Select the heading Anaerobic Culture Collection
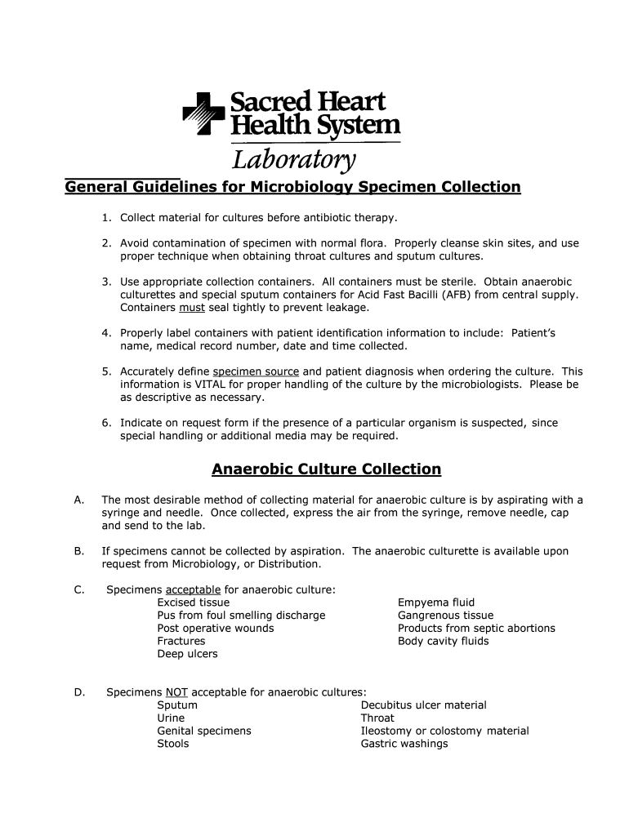[x=326, y=469]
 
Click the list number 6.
[x=106, y=423]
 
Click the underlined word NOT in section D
[x=176, y=692]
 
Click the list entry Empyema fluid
[x=436, y=603]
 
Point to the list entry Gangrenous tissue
[x=445, y=616]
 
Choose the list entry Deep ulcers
[x=187, y=654]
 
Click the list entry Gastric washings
[x=404, y=744]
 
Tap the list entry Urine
[x=171, y=718]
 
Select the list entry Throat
[x=377, y=718]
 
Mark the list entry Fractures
[x=181, y=642]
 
